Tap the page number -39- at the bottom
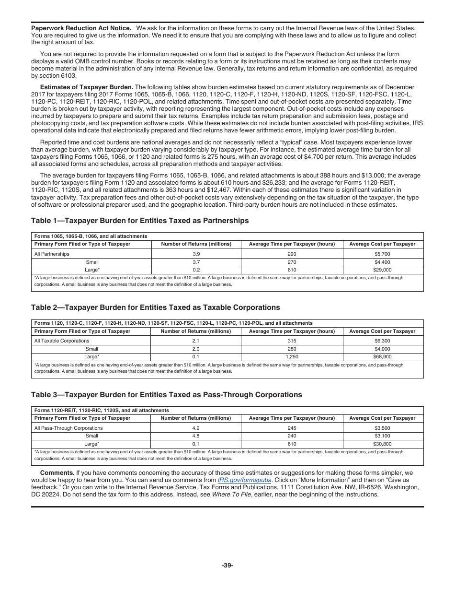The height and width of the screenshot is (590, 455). point(227,565)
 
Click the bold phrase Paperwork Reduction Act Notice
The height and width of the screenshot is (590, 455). point(81,28)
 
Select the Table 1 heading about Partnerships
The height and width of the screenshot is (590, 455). point(140,221)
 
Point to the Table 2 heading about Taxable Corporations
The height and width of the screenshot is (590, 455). point(155,307)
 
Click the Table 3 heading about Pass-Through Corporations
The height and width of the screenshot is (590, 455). point(166,395)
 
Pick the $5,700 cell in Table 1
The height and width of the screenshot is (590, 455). point(382,254)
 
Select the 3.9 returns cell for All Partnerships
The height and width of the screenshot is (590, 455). point(196,254)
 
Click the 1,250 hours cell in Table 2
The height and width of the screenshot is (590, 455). point(292,357)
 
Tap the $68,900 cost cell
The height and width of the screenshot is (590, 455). point(382,357)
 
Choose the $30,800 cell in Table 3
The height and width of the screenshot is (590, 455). point(382,444)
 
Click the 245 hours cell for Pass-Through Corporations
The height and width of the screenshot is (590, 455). point(292,428)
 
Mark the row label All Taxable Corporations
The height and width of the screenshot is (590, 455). point(62,341)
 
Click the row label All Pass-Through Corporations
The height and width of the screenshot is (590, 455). point(68,428)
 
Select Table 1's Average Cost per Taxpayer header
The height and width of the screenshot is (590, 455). point(382,244)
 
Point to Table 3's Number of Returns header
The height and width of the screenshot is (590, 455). point(196,418)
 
